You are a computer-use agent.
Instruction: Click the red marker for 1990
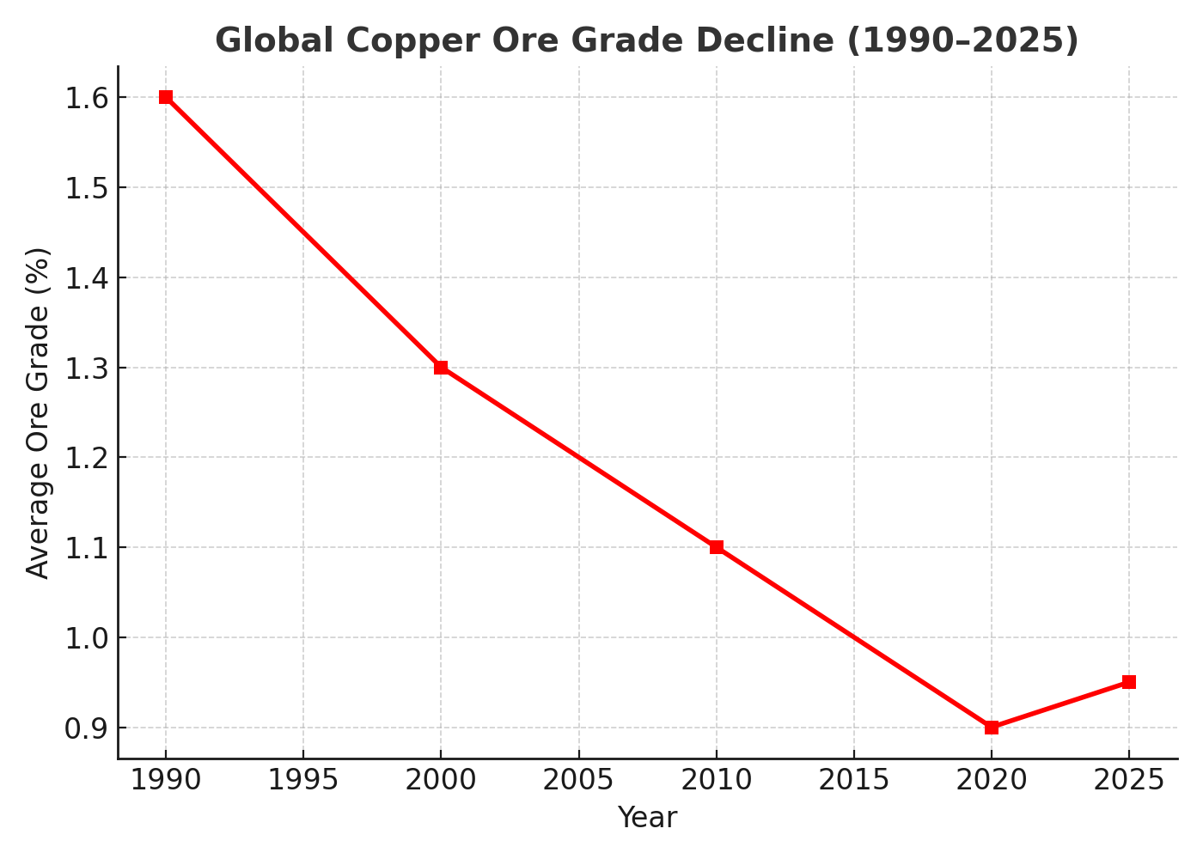point(165,97)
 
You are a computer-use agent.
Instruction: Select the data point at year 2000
point(441,368)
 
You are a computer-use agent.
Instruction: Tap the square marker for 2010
point(717,547)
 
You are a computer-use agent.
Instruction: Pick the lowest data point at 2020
point(992,728)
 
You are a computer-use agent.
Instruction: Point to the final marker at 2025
point(1129,682)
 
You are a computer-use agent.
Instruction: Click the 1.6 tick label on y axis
point(87,99)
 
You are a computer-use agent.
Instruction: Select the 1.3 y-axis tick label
point(87,369)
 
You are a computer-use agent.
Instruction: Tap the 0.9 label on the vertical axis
point(87,729)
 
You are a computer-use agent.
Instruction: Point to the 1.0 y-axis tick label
point(87,639)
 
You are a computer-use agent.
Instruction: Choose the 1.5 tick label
point(87,189)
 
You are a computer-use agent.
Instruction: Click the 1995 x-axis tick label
point(302,780)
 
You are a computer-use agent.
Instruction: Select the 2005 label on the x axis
point(578,780)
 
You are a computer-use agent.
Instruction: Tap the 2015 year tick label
point(854,780)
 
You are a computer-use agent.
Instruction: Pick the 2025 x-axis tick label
point(1129,780)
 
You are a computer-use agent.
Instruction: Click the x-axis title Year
point(647,818)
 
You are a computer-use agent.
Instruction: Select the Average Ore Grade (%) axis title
point(38,413)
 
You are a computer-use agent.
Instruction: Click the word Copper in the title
point(413,41)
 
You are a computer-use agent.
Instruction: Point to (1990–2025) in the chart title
point(963,41)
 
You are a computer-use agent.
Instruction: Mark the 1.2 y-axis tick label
point(87,459)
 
